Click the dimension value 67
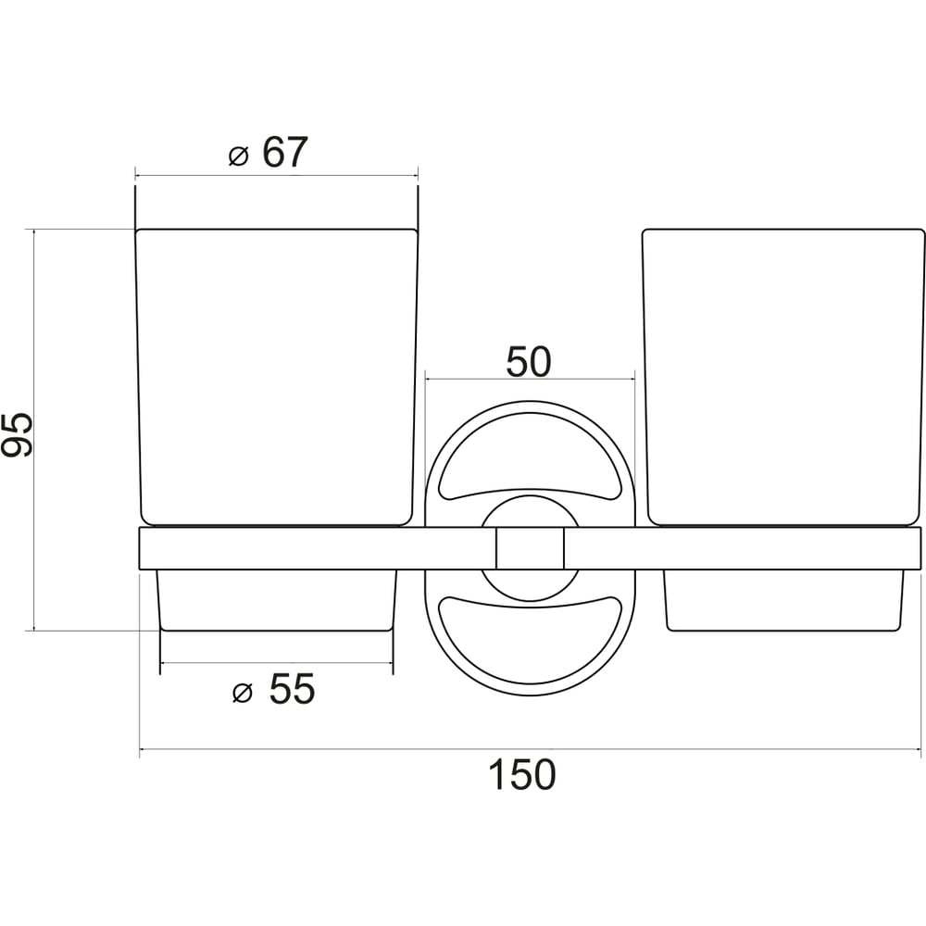click(x=285, y=153)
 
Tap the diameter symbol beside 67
click(x=239, y=156)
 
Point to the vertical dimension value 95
click(x=17, y=436)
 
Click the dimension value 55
click(x=292, y=688)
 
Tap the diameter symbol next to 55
click(x=242, y=692)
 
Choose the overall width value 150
click(x=522, y=774)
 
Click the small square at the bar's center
click(x=530, y=548)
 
